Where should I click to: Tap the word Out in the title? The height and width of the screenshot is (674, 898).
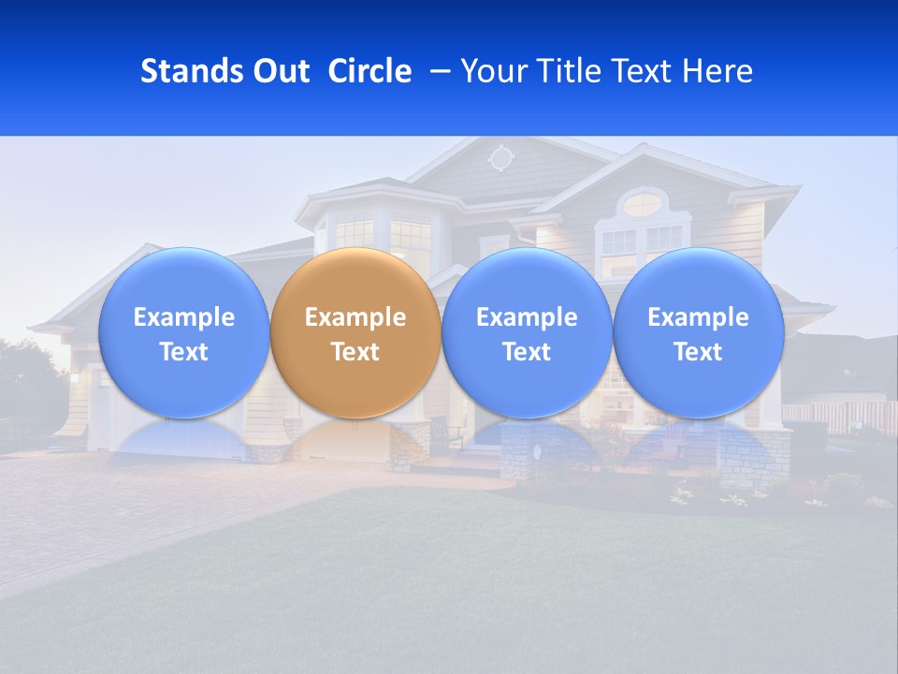pos(280,71)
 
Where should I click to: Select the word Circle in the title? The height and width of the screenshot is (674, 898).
pos(369,71)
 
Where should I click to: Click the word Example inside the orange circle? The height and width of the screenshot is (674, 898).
pos(355,317)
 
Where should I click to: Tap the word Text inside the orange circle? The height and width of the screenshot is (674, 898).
pos(355,352)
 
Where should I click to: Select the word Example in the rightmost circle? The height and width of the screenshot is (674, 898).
pos(699,317)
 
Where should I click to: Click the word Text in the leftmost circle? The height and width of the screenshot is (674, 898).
pos(184,352)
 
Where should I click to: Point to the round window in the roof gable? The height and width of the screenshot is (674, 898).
pos(501,157)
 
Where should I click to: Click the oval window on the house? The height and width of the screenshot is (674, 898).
pos(642,203)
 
